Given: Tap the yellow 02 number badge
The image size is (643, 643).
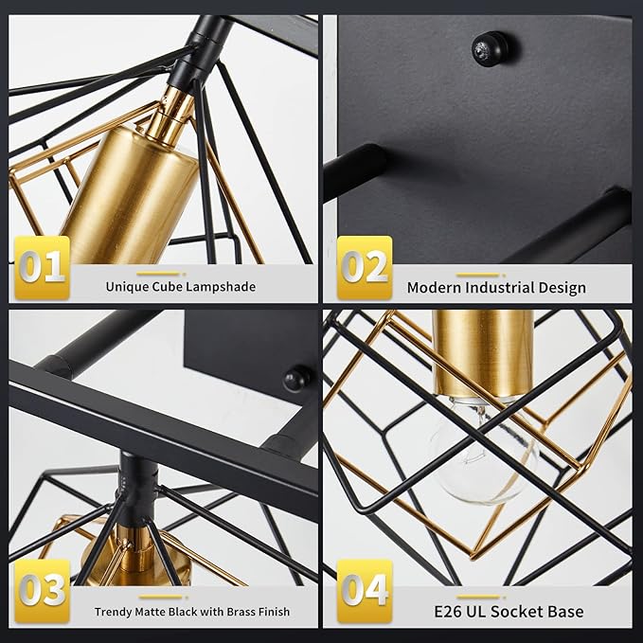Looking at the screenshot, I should (x=365, y=268).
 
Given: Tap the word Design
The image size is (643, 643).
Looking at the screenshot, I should (x=563, y=287).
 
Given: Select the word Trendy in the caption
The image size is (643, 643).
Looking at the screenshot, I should (x=116, y=612).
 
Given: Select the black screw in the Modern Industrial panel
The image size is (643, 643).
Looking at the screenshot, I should (x=491, y=45).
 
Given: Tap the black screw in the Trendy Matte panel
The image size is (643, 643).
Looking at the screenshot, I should (x=297, y=379).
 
